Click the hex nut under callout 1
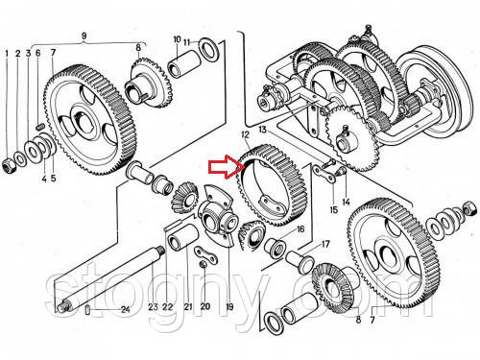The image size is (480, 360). [x=7, y=166]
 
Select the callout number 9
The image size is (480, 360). [x=84, y=36]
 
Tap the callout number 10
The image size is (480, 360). [x=177, y=39]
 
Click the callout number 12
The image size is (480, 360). [x=246, y=134]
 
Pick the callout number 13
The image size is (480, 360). [x=262, y=130]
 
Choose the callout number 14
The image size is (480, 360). [x=346, y=202]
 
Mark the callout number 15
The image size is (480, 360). [x=333, y=210]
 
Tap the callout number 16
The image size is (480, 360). [x=300, y=229]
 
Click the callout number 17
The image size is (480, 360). [x=325, y=245]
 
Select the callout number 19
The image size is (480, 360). [x=229, y=307]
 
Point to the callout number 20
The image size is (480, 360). [x=204, y=306]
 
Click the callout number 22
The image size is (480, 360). [x=167, y=307]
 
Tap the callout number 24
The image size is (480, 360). [x=125, y=309]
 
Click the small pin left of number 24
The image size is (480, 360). [x=88, y=310]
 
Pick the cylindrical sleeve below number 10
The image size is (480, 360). [x=184, y=64]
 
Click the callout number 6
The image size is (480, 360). [x=38, y=53]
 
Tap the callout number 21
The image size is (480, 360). [x=188, y=306]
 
